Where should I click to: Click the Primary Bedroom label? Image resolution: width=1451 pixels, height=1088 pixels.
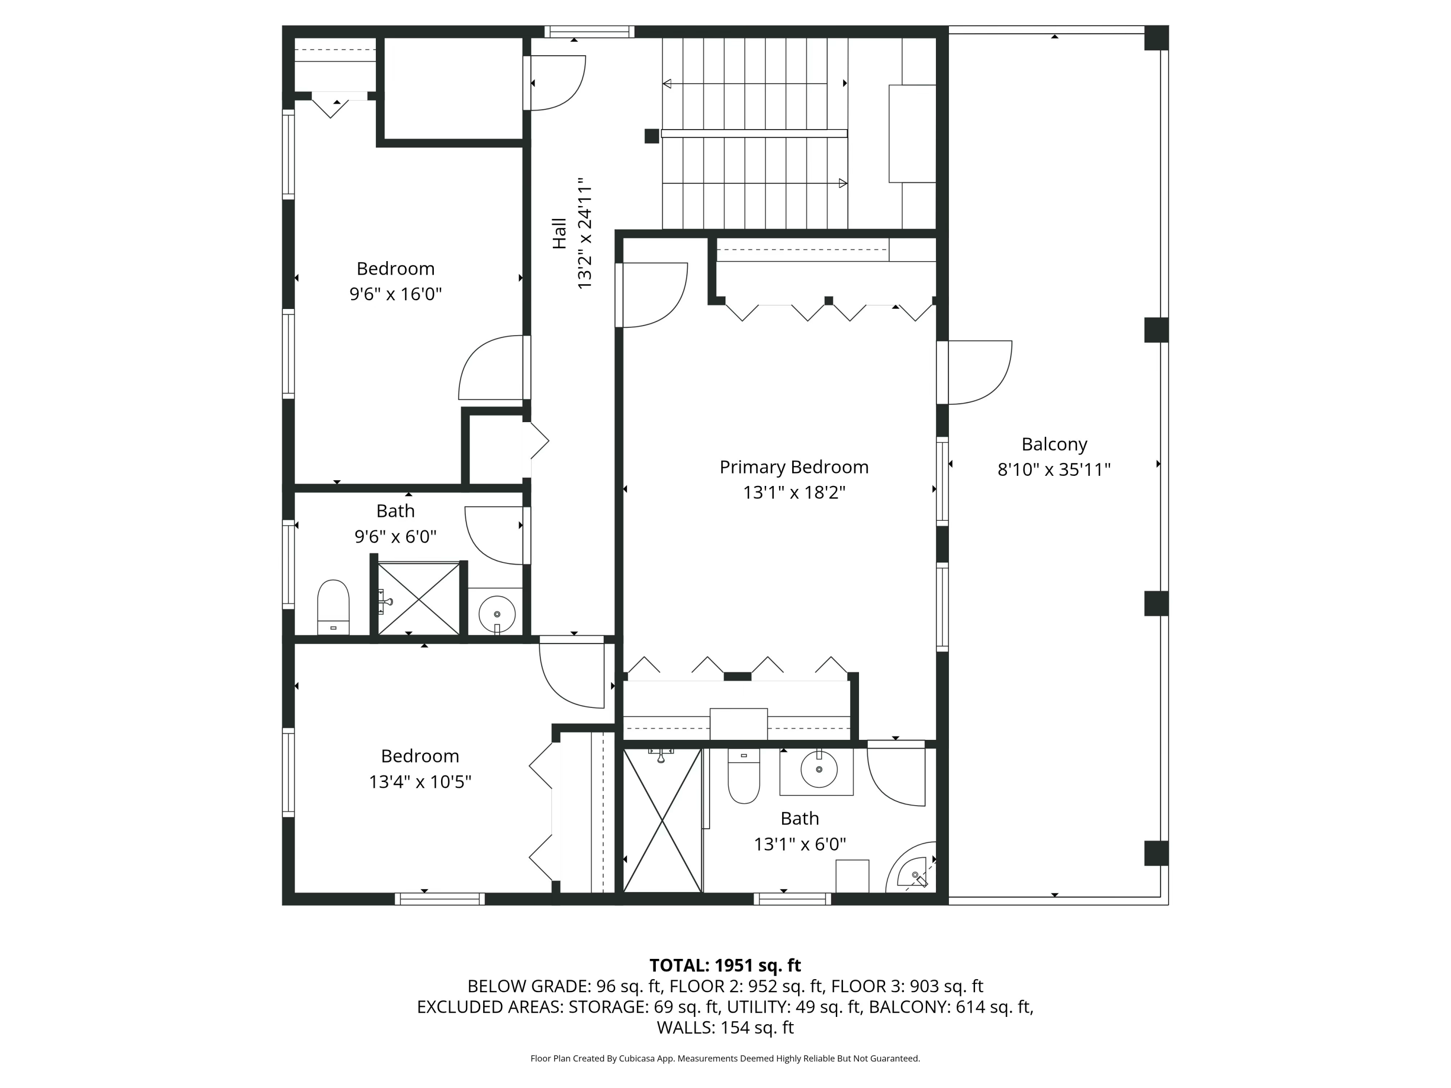[794, 467]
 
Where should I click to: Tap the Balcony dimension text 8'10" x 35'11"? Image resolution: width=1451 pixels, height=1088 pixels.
[1053, 470]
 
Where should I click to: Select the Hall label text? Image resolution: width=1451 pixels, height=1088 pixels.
[559, 234]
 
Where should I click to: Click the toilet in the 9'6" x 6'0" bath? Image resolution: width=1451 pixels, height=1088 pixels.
[333, 604]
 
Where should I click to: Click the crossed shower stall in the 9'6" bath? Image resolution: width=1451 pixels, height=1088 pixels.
[418, 598]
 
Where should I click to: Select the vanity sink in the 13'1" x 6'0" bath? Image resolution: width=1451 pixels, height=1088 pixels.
[817, 770]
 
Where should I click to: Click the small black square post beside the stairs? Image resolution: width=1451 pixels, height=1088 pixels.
[651, 136]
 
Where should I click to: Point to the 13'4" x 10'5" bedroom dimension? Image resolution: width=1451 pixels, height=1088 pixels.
[420, 782]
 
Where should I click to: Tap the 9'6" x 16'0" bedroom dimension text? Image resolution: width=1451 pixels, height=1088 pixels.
[396, 294]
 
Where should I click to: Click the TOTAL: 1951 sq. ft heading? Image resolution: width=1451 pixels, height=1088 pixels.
[725, 965]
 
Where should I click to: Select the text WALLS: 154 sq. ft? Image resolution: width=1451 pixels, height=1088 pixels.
[725, 1027]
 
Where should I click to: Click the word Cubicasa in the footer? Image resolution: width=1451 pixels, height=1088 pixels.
[634, 1058]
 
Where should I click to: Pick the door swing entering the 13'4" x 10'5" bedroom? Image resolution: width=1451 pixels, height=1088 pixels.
[571, 676]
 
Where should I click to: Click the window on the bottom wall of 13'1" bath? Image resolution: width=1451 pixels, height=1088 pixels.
[792, 898]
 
